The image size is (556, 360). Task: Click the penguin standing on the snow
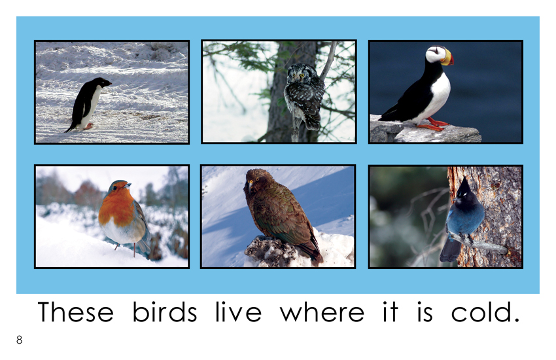[x=88, y=104]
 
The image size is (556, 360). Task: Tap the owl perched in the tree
[x=304, y=96]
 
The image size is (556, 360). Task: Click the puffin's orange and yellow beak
[x=447, y=58]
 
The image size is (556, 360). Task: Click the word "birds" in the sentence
[x=165, y=312]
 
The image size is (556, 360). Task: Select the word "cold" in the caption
[x=485, y=312]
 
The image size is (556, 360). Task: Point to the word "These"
[x=75, y=312]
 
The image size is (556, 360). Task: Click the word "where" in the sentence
[x=322, y=312]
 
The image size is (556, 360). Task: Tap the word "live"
[x=238, y=312]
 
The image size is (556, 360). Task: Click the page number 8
[x=19, y=340]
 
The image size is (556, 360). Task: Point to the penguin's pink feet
[x=89, y=126]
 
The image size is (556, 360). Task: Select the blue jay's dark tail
[x=449, y=249]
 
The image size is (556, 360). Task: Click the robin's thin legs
[x=126, y=249]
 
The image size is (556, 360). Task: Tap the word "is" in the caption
[x=425, y=312]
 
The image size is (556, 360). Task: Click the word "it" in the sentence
[x=391, y=312]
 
